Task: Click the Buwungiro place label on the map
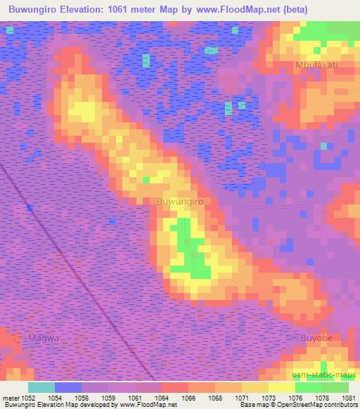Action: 180,202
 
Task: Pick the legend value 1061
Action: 136,397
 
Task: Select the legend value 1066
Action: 188,397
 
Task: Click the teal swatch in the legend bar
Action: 41,387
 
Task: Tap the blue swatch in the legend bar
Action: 68,387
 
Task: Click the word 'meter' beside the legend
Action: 11,397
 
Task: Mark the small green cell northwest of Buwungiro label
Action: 146,181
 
